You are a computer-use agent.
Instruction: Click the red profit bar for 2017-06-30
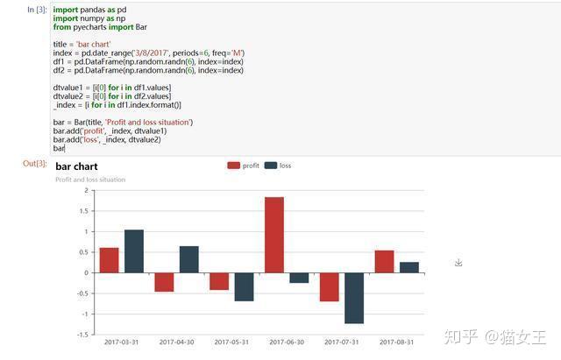tap(274, 235)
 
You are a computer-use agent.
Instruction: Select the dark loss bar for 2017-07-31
tap(354, 298)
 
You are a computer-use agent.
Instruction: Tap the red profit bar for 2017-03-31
tap(109, 260)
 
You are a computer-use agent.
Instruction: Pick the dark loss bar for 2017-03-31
tap(134, 251)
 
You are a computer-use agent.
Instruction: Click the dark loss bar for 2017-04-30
tap(188, 259)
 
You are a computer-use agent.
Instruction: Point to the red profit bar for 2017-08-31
tap(384, 262)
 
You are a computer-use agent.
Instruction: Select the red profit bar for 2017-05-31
tap(219, 281)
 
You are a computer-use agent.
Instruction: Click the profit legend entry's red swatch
tap(233, 166)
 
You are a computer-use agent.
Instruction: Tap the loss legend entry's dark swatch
tap(271, 166)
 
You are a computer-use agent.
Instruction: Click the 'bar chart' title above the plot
tap(76, 166)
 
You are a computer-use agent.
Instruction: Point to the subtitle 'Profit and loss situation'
tap(90, 180)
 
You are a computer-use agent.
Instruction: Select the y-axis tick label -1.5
tap(82, 335)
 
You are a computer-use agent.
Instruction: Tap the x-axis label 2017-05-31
tap(231, 342)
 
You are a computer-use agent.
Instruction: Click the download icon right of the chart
tap(458, 263)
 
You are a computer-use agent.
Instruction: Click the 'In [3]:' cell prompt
tap(37, 10)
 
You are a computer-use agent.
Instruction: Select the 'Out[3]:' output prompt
tap(35, 164)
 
